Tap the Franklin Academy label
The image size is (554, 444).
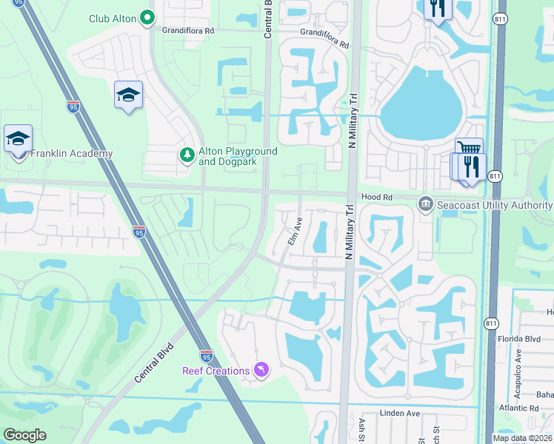71,154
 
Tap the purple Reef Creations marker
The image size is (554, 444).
261,369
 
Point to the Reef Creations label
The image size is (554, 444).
216,371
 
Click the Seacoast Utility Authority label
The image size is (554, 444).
495,205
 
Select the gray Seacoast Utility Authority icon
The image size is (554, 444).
425,203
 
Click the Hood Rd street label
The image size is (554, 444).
376,197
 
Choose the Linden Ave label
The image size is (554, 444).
400,413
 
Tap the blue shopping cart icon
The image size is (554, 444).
469,147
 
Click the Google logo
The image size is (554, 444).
24,435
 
